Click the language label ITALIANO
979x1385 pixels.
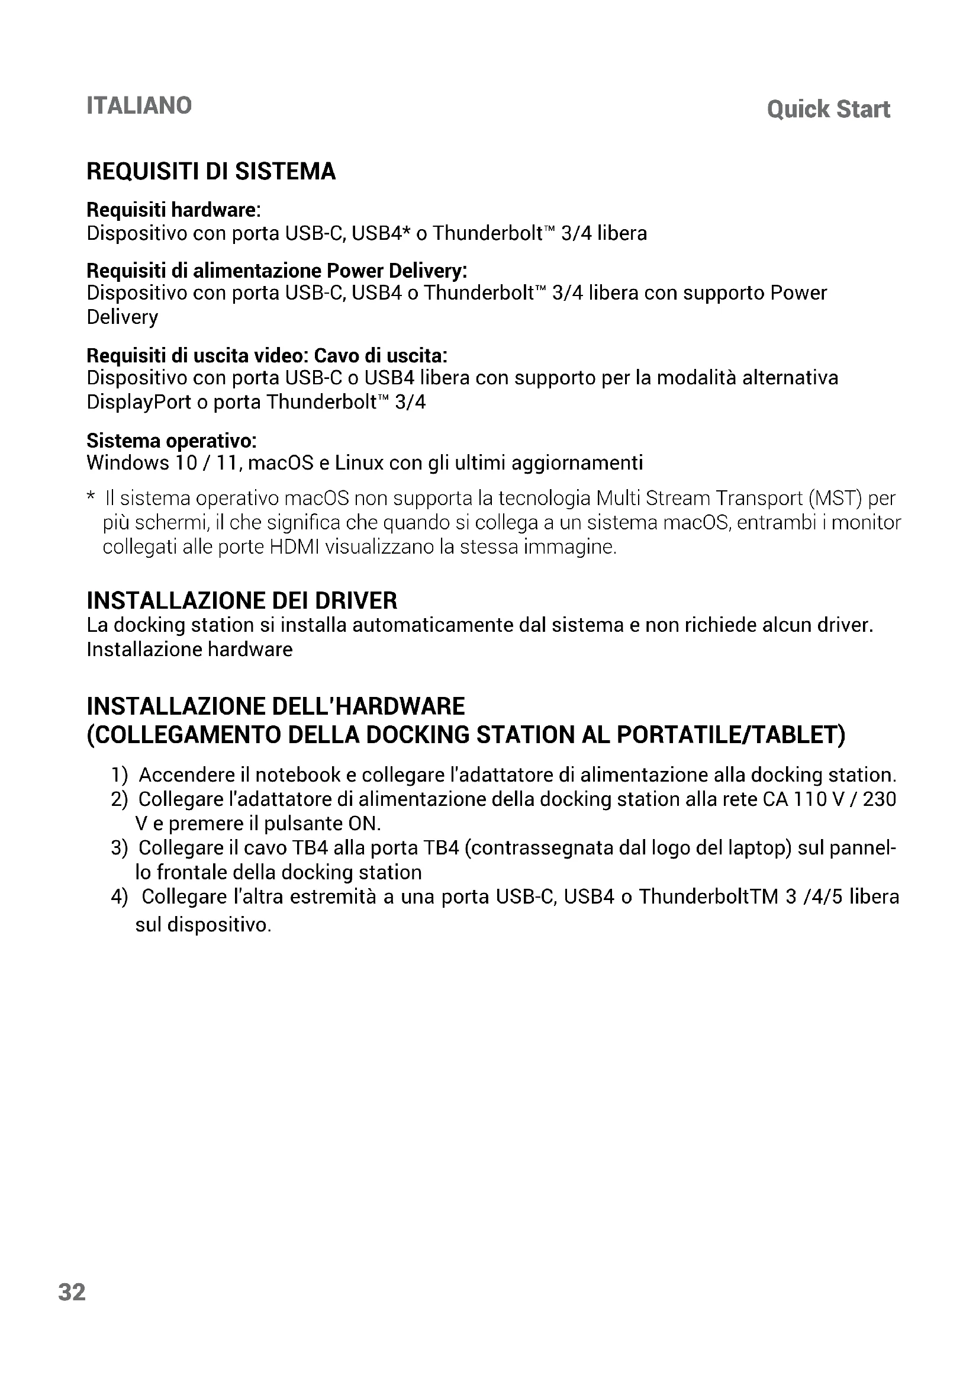pos(139,105)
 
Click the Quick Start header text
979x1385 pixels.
pos(828,109)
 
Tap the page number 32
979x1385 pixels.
pos(72,1292)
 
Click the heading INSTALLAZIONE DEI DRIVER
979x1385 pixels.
pos(242,601)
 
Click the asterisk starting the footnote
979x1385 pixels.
pos(91,497)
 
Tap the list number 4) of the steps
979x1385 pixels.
pos(120,896)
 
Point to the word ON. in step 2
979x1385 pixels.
pos(365,824)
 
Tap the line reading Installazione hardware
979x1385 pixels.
pos(189,649)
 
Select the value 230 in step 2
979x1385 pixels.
pos(880,799)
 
